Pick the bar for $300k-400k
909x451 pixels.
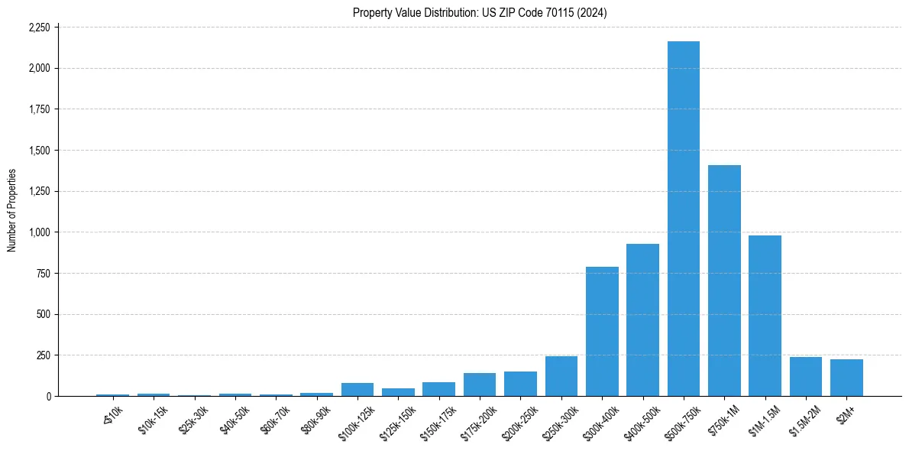tap(602, 332)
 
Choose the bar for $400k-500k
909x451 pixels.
tap(642, 320)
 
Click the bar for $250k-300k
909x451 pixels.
tap(561, 376)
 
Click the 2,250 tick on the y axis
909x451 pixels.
tap(38, 28)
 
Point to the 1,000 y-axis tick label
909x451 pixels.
tap(38, 232)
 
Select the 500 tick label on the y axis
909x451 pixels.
tap(43, 314)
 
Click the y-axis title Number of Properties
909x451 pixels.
tap(11, 210)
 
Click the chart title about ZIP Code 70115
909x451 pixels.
tap(480, 12)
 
